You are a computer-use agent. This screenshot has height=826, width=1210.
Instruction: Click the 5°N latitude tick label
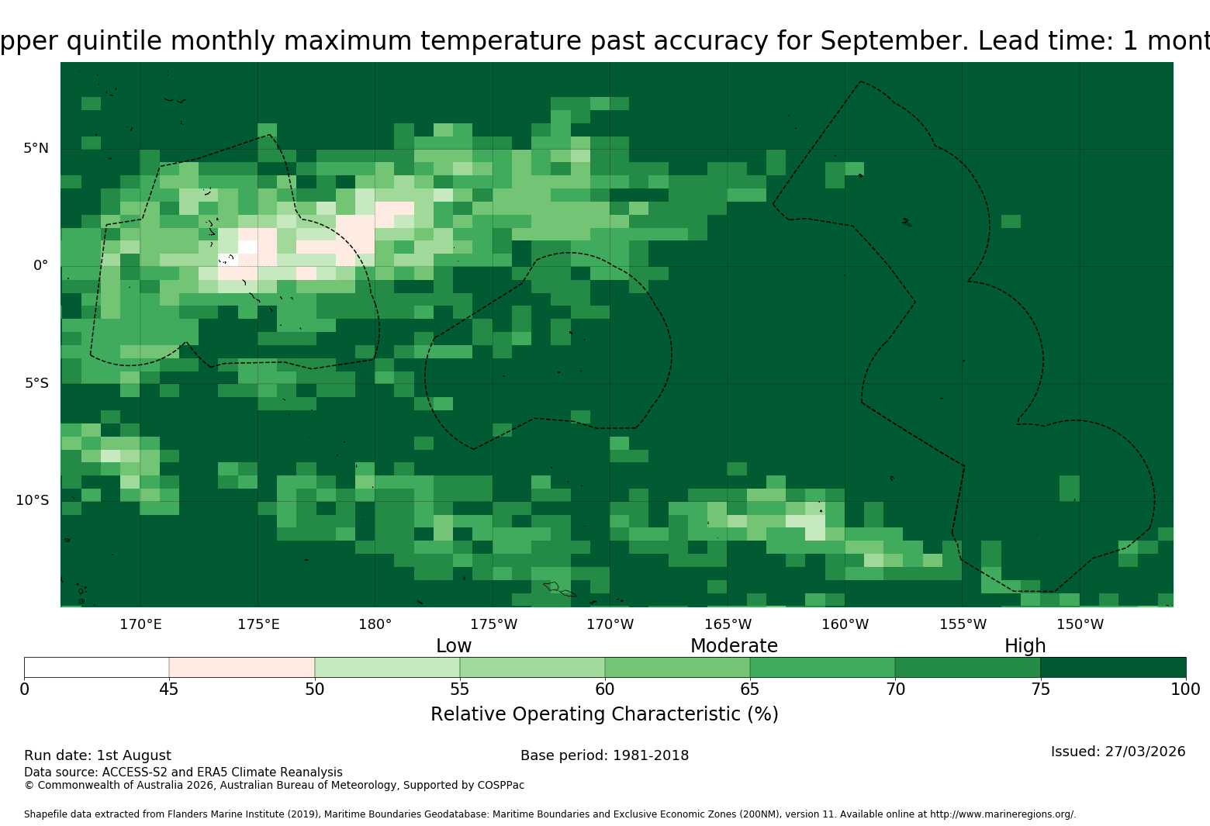pos(36,148)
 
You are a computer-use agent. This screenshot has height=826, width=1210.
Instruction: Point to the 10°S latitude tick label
pos(33,500)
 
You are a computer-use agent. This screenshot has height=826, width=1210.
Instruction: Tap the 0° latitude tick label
pos(40,265)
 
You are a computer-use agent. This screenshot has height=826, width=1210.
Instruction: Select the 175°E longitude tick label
pos(259,624)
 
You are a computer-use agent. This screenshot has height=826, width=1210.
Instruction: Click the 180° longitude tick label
pos(375,624)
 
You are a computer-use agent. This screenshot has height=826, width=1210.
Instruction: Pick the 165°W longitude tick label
pos(728,624)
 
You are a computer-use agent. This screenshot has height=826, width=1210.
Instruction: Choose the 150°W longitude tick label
pos(1080,624)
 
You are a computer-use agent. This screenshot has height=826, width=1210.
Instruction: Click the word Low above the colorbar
pos(454,646)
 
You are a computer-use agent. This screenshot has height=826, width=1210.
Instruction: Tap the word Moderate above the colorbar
pos(734,646)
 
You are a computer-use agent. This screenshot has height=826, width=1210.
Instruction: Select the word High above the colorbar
pos(1025,646)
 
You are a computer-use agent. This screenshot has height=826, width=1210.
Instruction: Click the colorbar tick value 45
pos(169,689)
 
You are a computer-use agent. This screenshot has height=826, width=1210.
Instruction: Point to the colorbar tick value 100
pos(1186,689)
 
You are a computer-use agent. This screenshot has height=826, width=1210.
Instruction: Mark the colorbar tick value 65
pos(750,689)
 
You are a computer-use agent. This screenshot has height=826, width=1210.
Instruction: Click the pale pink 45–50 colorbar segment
pos(242,667)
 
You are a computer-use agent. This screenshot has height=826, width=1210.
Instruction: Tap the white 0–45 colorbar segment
pos(97,667)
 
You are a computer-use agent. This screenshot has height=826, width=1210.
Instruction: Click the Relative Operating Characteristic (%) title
pos(604,714)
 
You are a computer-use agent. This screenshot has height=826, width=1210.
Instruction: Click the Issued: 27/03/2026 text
pos(1118,752)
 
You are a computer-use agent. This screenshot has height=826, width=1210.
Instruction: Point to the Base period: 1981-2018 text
pos(604,755)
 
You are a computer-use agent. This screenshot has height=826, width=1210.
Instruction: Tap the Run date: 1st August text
pos(97,755)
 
